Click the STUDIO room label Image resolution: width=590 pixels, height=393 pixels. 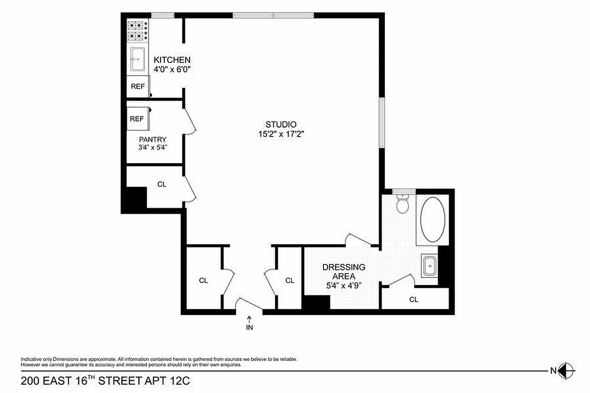coord(281,124)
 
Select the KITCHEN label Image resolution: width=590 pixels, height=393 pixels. coord(172,60)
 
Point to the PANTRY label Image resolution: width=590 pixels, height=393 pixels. coord(152,139)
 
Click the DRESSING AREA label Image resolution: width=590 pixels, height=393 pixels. coord(344,272)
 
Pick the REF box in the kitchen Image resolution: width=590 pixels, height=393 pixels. coord(137,87)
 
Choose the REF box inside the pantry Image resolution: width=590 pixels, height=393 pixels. coord(137,119)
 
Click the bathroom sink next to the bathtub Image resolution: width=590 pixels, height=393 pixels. coord(430,267)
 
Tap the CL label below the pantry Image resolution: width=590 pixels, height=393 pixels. coord(162,184)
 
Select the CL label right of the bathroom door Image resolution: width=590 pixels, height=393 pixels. coord(414,299)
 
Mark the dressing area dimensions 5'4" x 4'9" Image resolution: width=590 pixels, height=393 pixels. coord(344,285)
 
